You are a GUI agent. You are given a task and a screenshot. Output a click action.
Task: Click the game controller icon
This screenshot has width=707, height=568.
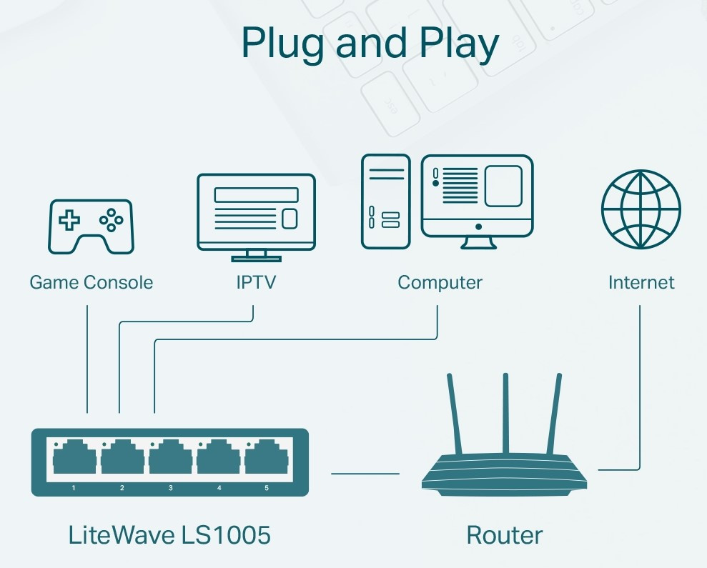tap(91, 226)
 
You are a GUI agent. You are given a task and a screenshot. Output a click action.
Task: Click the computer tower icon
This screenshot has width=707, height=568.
tap(385, 201)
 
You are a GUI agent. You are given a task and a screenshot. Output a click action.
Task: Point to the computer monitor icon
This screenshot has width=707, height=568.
tap(477, 196)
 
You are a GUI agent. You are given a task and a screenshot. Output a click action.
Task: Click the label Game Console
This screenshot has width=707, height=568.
tap(91, 282)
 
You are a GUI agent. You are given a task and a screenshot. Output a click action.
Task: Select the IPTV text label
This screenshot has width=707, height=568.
tap(256, 282)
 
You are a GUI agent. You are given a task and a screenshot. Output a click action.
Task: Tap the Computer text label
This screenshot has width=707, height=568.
tap(440, 282)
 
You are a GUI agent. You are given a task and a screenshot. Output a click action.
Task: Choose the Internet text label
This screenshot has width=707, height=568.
tap(641, 282)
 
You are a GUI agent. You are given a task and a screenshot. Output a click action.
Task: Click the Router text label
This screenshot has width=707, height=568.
tap(504, 534)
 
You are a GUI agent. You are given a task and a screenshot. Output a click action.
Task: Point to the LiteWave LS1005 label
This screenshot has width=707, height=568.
tap(169, 534)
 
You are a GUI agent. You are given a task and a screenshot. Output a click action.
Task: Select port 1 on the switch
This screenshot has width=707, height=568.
tap(74, 457)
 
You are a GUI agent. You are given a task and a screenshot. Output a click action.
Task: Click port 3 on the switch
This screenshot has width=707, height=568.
tap(170, 457)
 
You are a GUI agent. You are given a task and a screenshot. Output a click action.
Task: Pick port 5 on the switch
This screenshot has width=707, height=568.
tap(266, 457)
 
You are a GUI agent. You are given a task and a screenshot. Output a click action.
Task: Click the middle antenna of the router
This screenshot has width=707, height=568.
tap(505, 414)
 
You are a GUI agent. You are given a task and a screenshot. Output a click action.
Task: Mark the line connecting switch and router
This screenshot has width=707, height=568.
tap(365, 473)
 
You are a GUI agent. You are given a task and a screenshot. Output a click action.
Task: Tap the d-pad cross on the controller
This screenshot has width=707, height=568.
tap(69, 220)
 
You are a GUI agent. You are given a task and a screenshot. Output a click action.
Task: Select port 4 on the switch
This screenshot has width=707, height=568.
tap(218, 457)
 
